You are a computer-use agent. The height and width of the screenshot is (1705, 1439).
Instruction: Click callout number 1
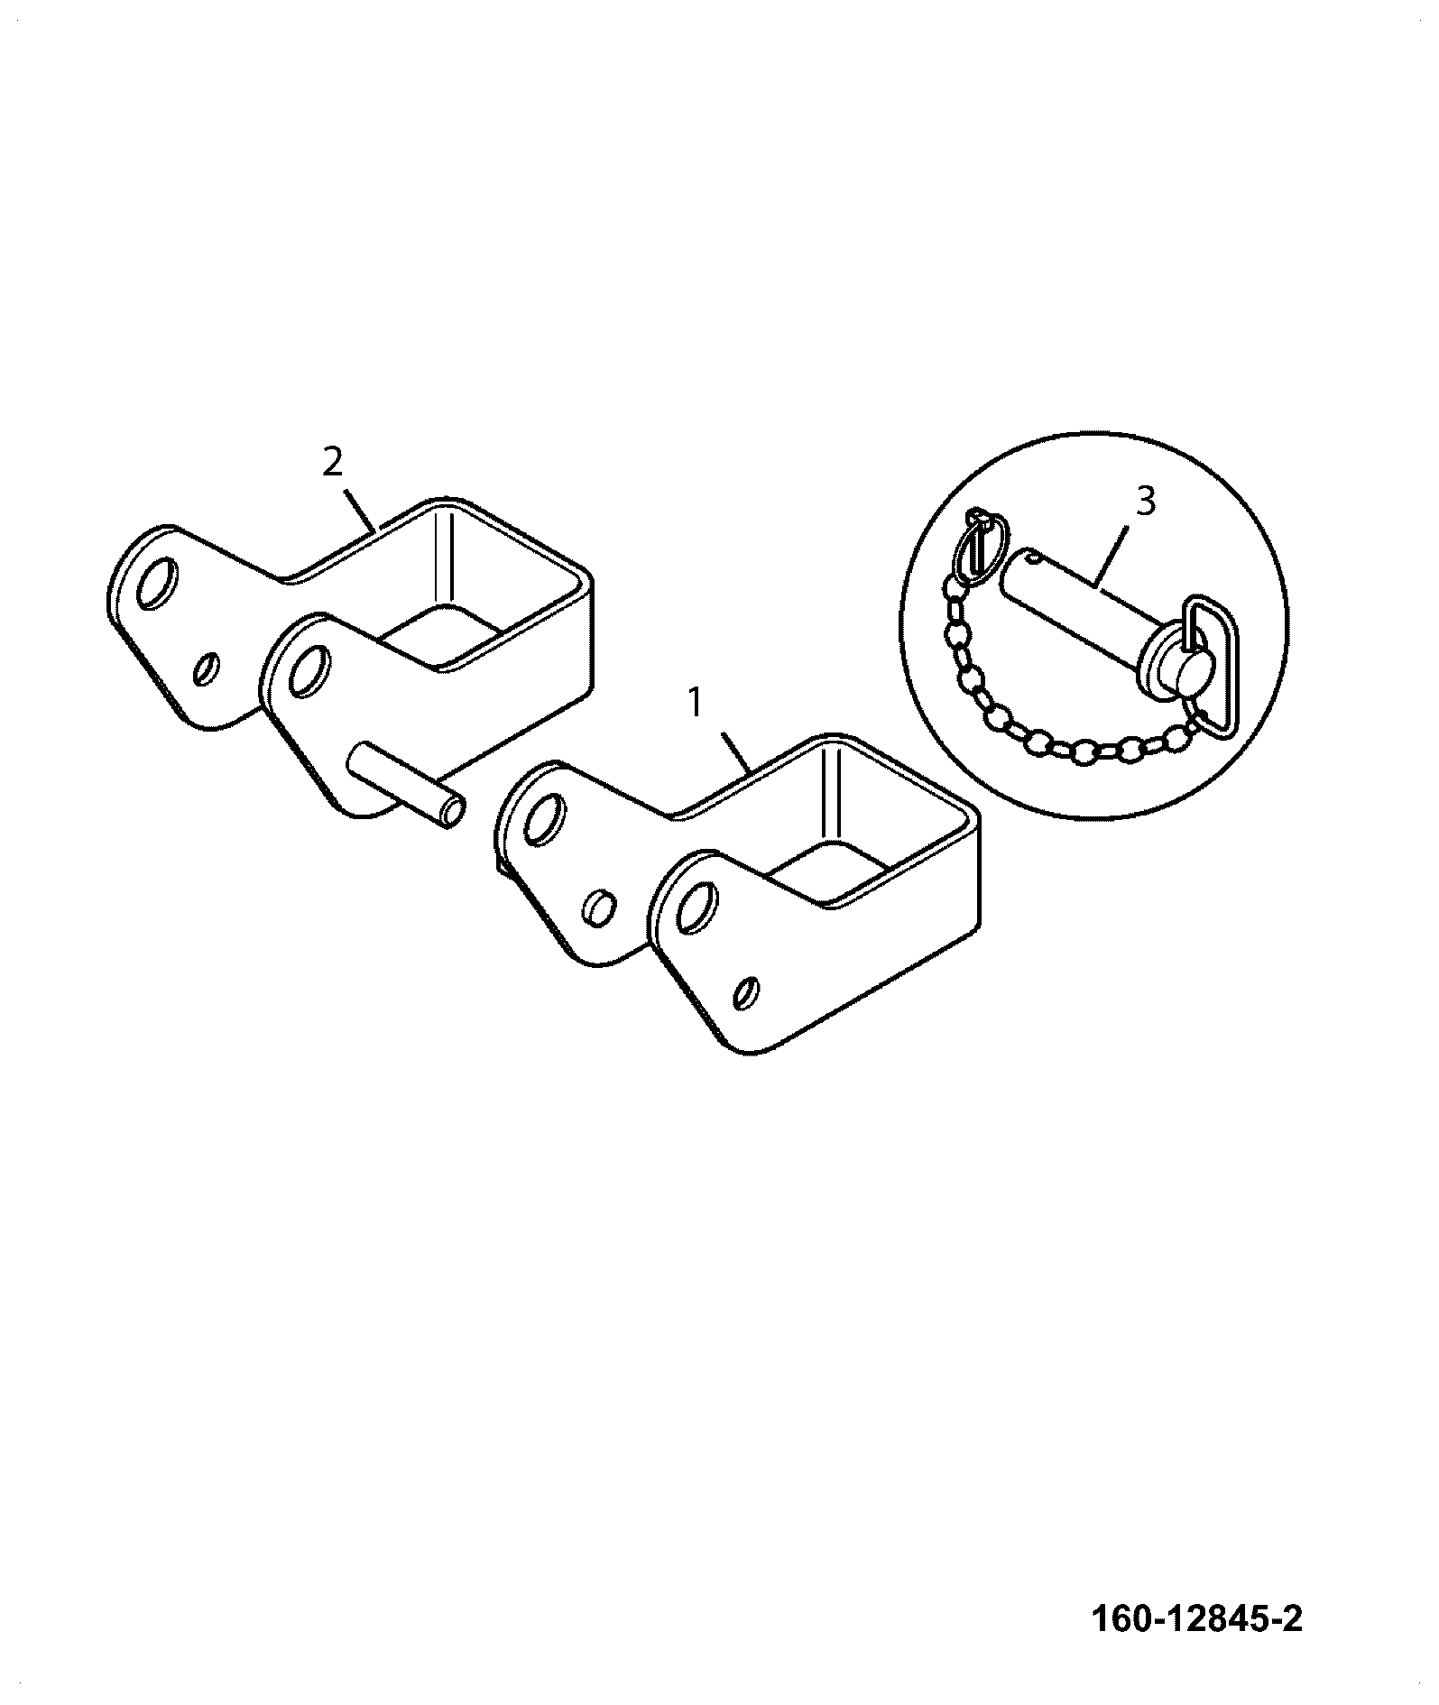pyautogui.click(x=694, y=703)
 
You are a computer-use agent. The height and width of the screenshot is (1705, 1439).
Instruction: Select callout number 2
pyautogui.click(x=332, y=463)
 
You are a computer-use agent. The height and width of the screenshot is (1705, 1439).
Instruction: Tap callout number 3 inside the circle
pyautogui.click(x=1145, y=501)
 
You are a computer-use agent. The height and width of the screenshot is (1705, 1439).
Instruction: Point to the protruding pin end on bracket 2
pyautogui.click(x=448, y=807)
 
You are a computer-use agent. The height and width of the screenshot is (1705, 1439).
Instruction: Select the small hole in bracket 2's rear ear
pyautogui.click(x=207, y=670)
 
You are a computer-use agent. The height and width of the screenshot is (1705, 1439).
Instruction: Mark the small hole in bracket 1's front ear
pyautogui.click(x=747, y=991)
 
